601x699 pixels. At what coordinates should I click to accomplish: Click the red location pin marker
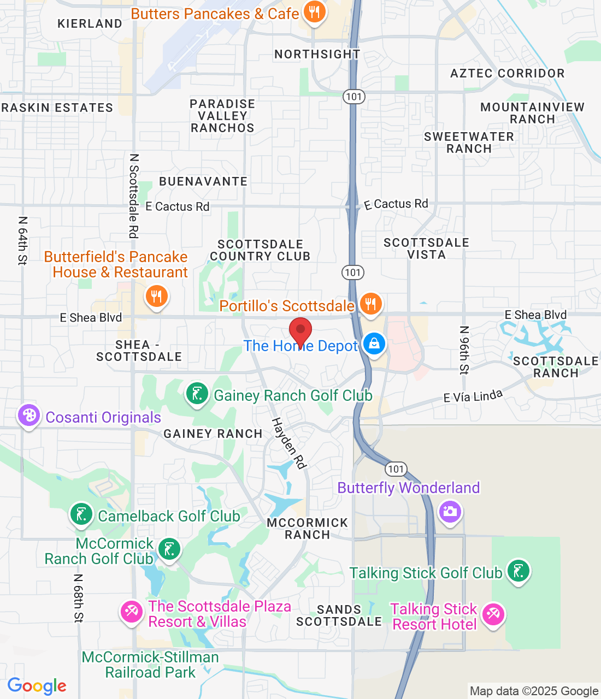[300, 330]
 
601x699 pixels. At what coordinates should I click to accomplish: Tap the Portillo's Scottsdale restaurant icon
[370, 303]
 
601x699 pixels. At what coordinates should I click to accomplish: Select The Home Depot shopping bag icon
[374, 344]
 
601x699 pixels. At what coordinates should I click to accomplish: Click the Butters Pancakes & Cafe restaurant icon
[314, 11]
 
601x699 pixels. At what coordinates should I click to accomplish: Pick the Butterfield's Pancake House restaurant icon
[156, 297]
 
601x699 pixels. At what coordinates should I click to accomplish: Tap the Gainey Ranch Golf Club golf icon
[197, 393]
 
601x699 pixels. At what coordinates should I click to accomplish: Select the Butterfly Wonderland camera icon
[450, 511]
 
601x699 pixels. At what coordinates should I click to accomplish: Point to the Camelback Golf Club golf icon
[81, 514]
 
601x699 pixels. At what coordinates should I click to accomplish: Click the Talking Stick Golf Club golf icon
[518, 571]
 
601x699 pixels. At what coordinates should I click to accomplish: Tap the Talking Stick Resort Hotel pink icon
[493, 614]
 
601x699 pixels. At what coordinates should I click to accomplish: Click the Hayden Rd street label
[289, 443]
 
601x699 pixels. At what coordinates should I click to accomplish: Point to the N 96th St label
[464, 350]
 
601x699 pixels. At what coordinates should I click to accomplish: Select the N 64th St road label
[22, 240]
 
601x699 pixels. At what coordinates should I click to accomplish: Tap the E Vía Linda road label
[473, 396]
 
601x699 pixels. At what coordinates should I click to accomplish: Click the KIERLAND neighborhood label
[90, 23]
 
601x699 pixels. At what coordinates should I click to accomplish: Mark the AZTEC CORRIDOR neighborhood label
[507, 73]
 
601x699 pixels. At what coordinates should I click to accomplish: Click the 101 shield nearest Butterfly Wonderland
[396, 469]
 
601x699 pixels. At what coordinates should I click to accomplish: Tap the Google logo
[37, 686]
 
